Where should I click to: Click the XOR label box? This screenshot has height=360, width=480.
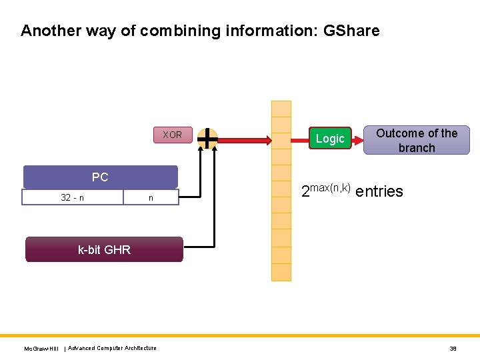[x=172, y=135]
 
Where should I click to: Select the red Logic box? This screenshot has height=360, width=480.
[x=330, y=138]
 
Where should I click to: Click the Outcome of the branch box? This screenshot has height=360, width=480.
[x=417, y=141]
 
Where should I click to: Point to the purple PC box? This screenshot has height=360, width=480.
[x=100, y=177]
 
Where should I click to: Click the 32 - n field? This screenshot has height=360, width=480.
[x=72, y=197]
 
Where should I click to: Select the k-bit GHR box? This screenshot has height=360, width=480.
[x=104, y=250]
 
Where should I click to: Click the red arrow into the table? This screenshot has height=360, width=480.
[x=243, y=140]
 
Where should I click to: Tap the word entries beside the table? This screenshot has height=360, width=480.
[x=379, y=192]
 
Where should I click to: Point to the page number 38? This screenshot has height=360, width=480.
[x=453, y=348]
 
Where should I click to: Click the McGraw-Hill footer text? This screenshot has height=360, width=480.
[x=41, y=349]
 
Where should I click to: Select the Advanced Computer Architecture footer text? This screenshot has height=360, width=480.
[x=112, y=348]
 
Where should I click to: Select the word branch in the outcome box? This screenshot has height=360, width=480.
[x=417, y=148]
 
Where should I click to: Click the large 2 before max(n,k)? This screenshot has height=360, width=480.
[x=306, y=193]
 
